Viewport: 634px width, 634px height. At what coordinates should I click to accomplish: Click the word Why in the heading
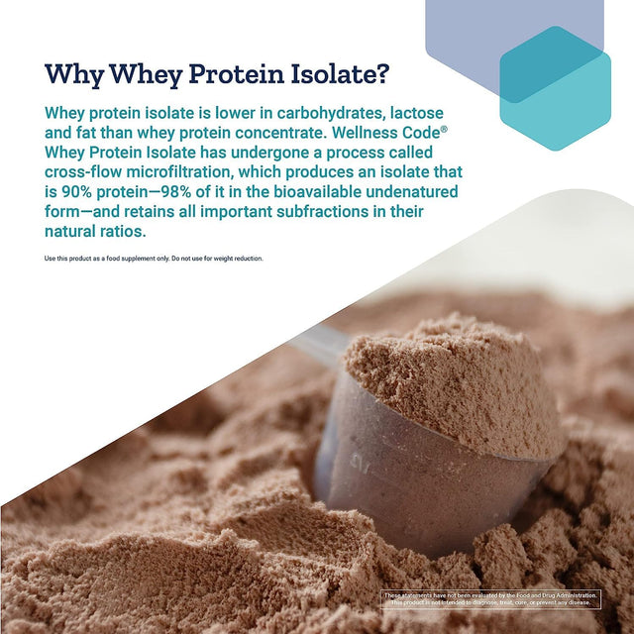(75, 75)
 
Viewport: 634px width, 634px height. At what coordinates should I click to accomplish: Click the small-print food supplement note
(154, 259)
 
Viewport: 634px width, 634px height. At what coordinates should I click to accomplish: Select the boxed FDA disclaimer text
(491, 598)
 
